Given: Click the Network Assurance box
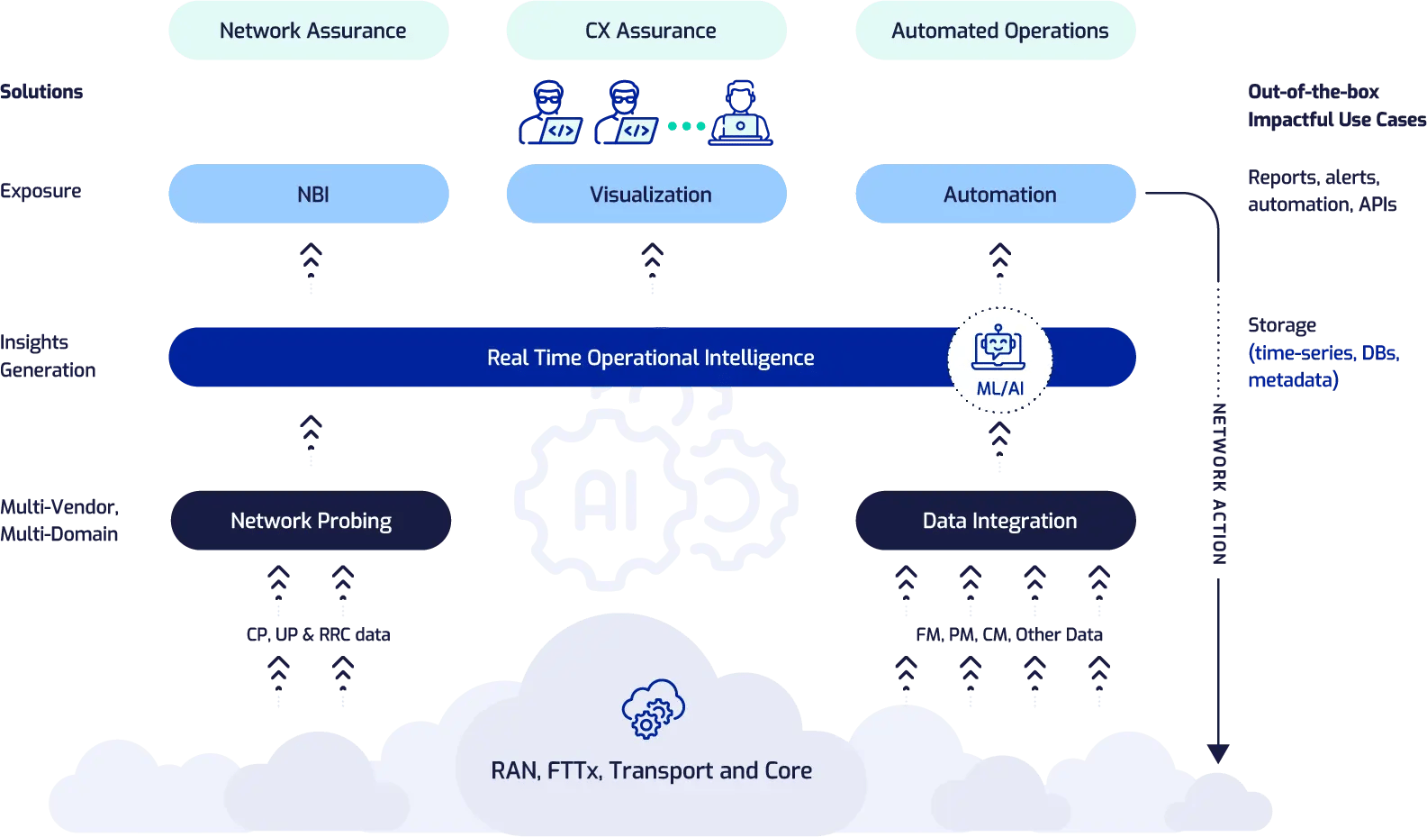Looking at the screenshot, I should (309, 31).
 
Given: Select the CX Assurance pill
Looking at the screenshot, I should (646, 31).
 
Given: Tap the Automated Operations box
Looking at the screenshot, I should (996, 31).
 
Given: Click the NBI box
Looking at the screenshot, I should (309, 194).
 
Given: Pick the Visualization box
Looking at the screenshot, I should (646, 194).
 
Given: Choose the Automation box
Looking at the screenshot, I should (996, 194).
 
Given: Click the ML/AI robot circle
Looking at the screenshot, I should (999, 360).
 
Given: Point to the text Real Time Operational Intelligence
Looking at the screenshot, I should (650, 358).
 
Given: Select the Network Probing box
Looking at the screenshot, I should (311, 521).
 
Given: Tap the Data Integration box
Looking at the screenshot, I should (996, 521).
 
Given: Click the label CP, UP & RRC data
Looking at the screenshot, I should (318, 634).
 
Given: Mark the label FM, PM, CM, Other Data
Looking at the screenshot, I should (1008, 634).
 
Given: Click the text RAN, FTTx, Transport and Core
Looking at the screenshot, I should (651, 770).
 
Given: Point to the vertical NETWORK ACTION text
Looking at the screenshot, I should (1219, 484).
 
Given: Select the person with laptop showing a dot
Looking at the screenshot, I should (740, 114).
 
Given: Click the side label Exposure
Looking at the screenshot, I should (41, 191).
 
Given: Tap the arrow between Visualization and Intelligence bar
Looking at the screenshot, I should (652, 268).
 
